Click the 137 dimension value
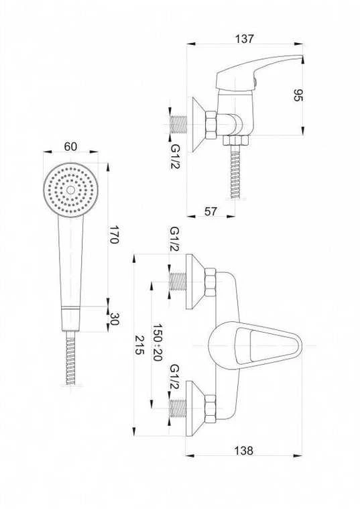(244, 39)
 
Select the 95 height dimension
(298, 95)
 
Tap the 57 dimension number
(211, 211)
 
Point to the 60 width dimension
(70, 146)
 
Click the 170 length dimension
(113, 235)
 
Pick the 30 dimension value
(114, 319)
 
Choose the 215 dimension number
(139, 345)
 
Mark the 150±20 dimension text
(158, 342)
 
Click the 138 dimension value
(243, 451)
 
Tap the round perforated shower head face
(70, 190)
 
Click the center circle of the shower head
(70, 190)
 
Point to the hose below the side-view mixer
(235, 172)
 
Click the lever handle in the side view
(258, 71)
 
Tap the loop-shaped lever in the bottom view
(255, 345)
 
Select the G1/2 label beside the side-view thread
(175, 156)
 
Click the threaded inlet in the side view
(178, 124)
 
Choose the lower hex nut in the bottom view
(211, 409)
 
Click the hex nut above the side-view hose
(235, 140)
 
